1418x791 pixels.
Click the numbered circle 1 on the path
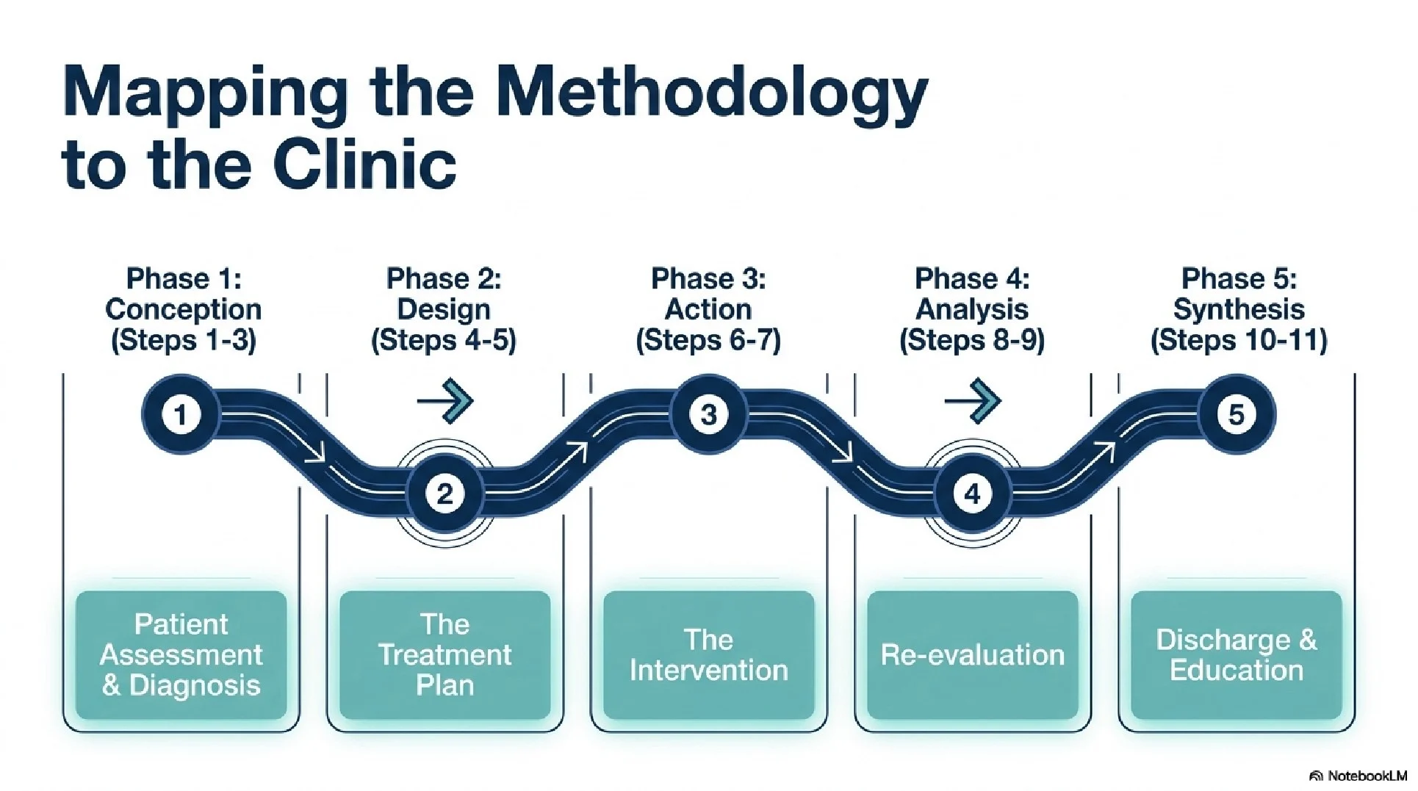[181, 415]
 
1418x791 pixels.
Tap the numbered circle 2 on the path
[445, 494]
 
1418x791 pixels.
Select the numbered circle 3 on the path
[708, 415]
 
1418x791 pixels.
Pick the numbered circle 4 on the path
[972, 494]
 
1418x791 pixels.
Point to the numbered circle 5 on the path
[1237, 415]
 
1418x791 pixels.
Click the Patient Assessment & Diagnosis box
[181, 655]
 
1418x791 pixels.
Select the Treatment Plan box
[445, 655]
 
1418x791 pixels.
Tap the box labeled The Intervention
[708, 655]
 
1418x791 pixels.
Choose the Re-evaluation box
[972, 655]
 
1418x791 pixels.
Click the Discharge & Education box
[1237, 655]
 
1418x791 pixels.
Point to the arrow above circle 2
[446, 401]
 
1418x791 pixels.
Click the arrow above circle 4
[973, 401]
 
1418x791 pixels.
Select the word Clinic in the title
[364, 163]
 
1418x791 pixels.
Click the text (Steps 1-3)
[183, 341]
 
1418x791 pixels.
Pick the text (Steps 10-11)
[1239, 341]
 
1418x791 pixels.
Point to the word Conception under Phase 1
[183, 309]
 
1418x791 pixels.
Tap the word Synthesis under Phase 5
[1239, 309]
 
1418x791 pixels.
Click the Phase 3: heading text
[708, 279]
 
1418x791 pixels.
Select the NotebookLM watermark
[1358, 776]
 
